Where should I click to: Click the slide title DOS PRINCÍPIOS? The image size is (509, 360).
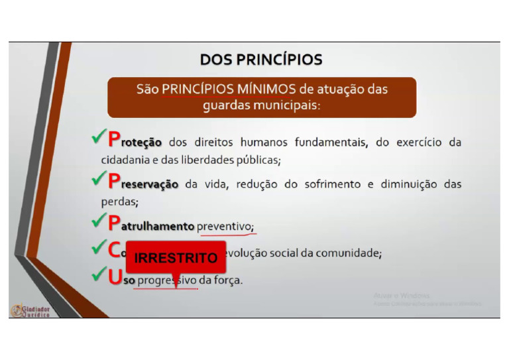[261, 60]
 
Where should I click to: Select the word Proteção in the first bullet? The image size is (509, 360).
[135, 141]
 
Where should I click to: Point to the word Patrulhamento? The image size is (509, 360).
[151, 226]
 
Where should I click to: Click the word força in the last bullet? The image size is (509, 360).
[227, 280]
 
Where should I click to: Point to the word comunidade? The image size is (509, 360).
[347, 253]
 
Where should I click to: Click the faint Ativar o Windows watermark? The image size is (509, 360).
[402, 295]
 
